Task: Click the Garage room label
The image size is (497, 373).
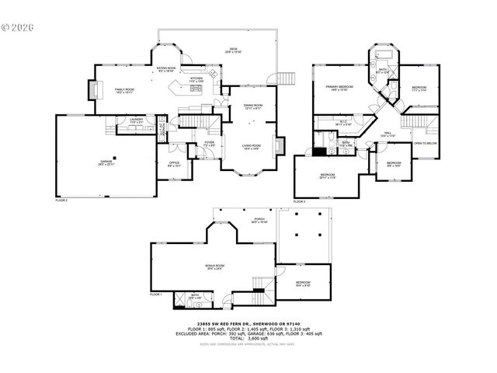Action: click(x=106, y=162)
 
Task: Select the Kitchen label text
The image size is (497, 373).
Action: click(x=196, y=79)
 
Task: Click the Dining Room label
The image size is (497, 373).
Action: click(x=253, y=106)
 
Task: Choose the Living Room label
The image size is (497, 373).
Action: click(x=251, y=147)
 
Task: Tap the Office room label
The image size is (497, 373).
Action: click(x=175, y=163)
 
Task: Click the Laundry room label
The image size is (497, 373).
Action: click(x=137, y=120)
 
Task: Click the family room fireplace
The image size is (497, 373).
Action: click(x=96, y=91)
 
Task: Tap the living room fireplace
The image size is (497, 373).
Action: click(x=284, y=146)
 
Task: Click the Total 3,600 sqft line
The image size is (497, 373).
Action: click(x=248, y=338)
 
